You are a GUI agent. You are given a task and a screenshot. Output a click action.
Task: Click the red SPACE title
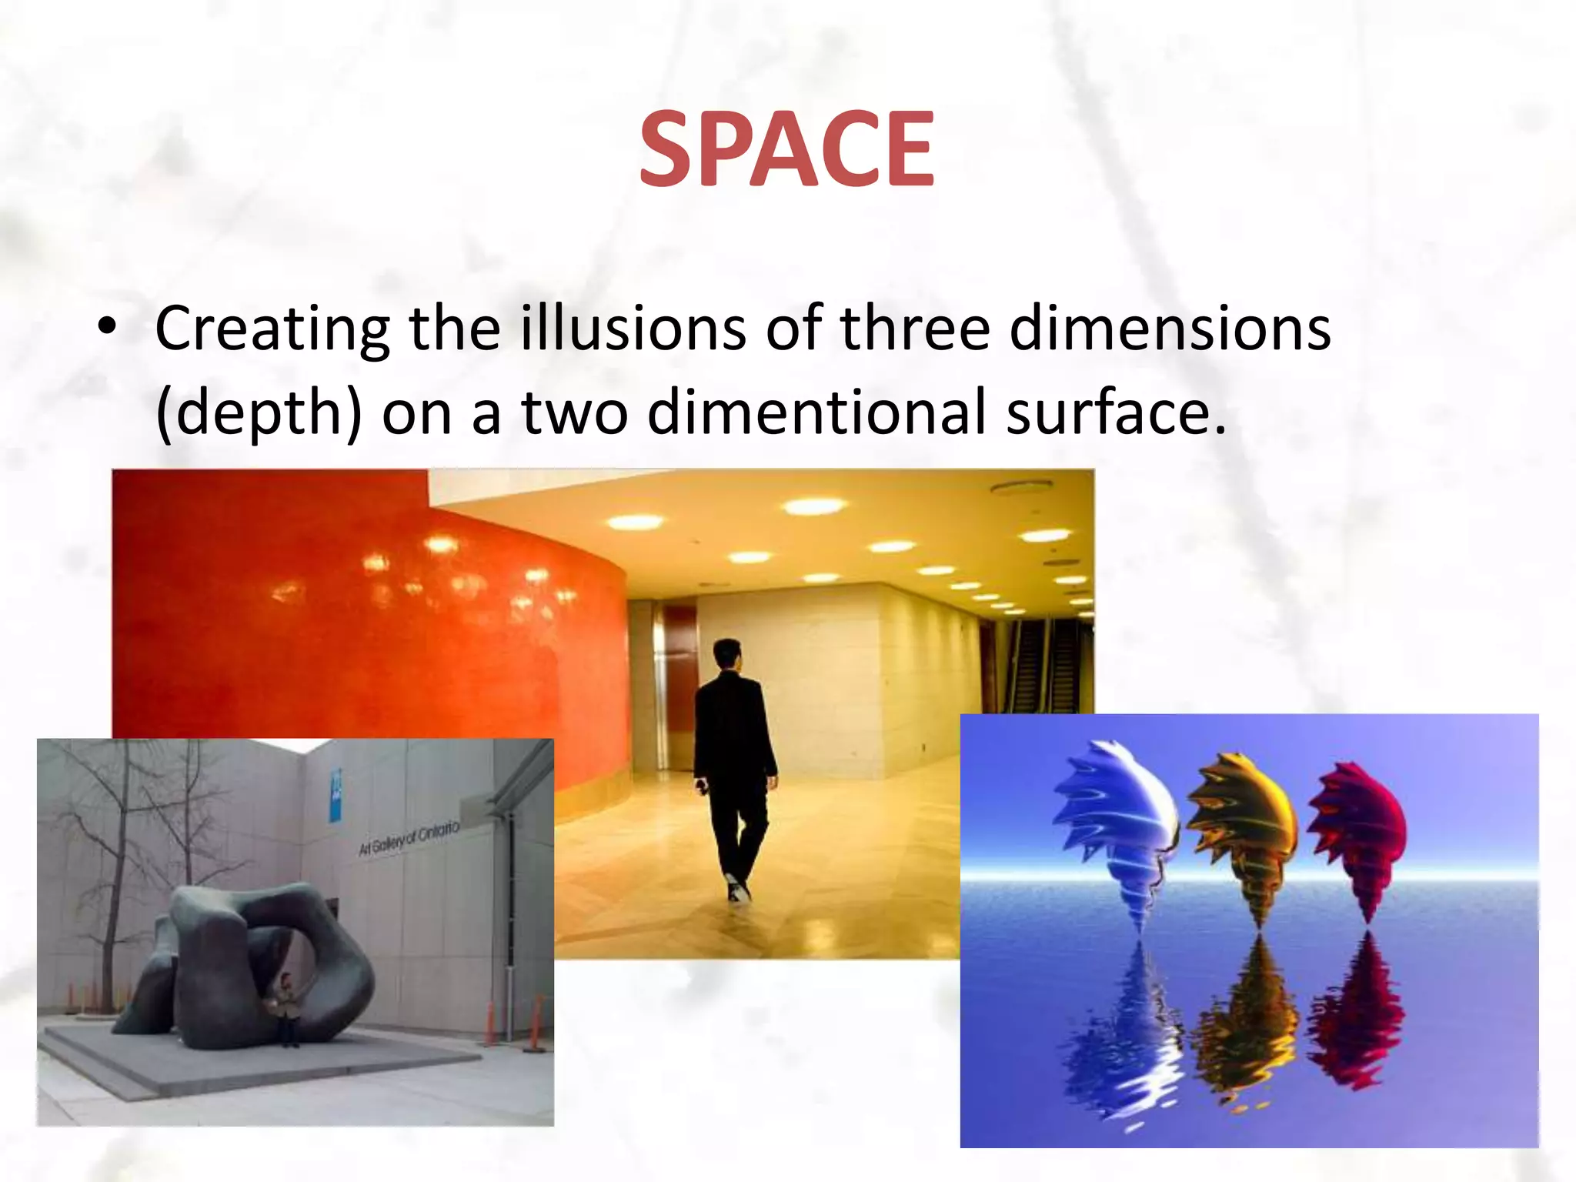(x=786, y=149)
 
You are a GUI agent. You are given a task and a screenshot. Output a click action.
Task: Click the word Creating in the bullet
(x=272, y=329)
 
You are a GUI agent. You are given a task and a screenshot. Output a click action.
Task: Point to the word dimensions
(x=1170, y=328)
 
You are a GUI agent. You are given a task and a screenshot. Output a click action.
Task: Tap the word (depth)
(x=258, y=412)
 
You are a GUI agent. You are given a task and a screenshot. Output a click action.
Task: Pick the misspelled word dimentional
(x=816, y=411)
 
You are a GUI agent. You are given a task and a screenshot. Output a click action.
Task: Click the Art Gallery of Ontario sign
(x=409, y=839)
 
